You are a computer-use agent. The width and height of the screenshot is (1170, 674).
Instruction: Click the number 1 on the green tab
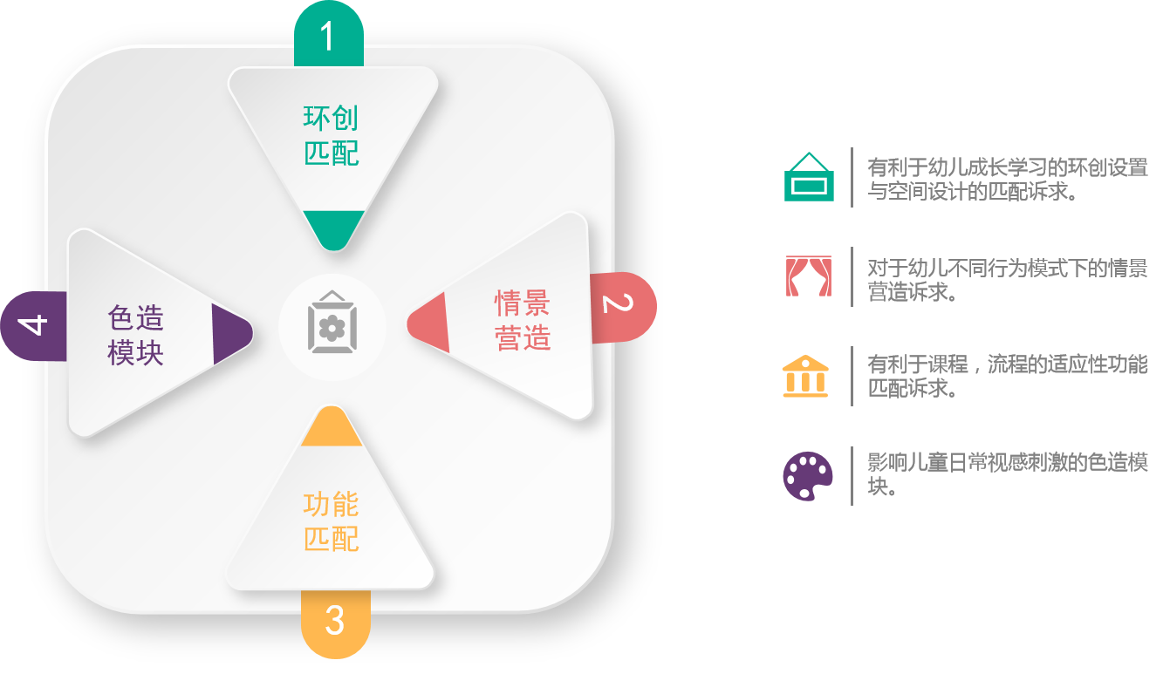(328, 36)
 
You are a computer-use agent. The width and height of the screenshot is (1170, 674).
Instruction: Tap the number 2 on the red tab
(618, 303)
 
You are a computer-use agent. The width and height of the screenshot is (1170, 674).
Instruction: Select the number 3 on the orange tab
(334, 620)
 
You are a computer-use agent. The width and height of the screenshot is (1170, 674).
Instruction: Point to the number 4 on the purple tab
(33, 324)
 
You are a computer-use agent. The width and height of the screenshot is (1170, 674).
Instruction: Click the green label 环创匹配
(332, 135)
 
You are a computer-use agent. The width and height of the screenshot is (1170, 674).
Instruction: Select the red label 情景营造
(523, 319)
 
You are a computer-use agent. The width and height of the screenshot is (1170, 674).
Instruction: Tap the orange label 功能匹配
(332, 521)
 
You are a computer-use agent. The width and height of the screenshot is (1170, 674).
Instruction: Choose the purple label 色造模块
(136, 335)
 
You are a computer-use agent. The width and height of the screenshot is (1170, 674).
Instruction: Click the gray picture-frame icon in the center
(332, 322)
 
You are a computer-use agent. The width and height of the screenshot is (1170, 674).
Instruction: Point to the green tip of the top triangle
(334, 228)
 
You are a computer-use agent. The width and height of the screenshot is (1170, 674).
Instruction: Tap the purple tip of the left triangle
(230, 334)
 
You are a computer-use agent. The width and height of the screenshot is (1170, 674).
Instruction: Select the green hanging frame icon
(809, 177)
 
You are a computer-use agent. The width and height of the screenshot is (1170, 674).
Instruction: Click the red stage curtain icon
(809, 276)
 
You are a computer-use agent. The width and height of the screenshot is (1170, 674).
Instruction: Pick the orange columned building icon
(805, 376)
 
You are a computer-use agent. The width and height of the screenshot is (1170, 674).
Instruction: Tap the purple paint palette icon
(808, 476)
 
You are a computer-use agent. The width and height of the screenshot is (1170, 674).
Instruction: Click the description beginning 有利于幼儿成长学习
(1007, 179)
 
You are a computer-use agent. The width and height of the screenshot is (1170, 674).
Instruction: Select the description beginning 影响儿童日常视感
(1007, 474)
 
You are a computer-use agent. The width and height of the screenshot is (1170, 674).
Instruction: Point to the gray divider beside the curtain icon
(852, 276)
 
